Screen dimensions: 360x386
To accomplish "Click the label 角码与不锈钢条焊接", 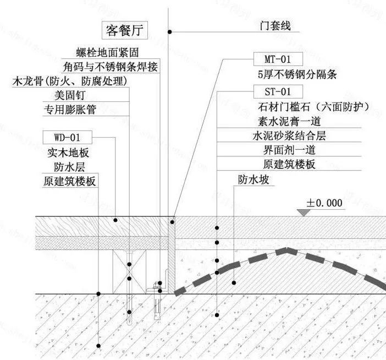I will (x=111, y=67).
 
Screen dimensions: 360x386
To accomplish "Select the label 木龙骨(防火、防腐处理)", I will (x=70, y=81).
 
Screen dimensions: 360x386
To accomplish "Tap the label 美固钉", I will (x=65, y=95).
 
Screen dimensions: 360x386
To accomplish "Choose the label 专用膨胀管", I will (x=70, y=110).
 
